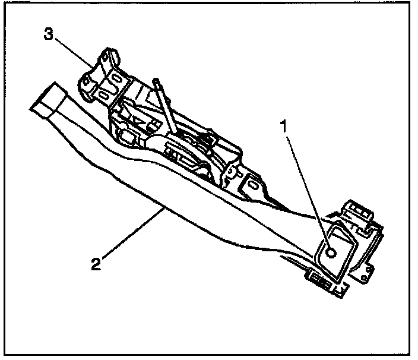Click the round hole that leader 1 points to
coord(331,253)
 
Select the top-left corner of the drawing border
coord(7,7)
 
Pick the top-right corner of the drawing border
coord(411,7)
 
